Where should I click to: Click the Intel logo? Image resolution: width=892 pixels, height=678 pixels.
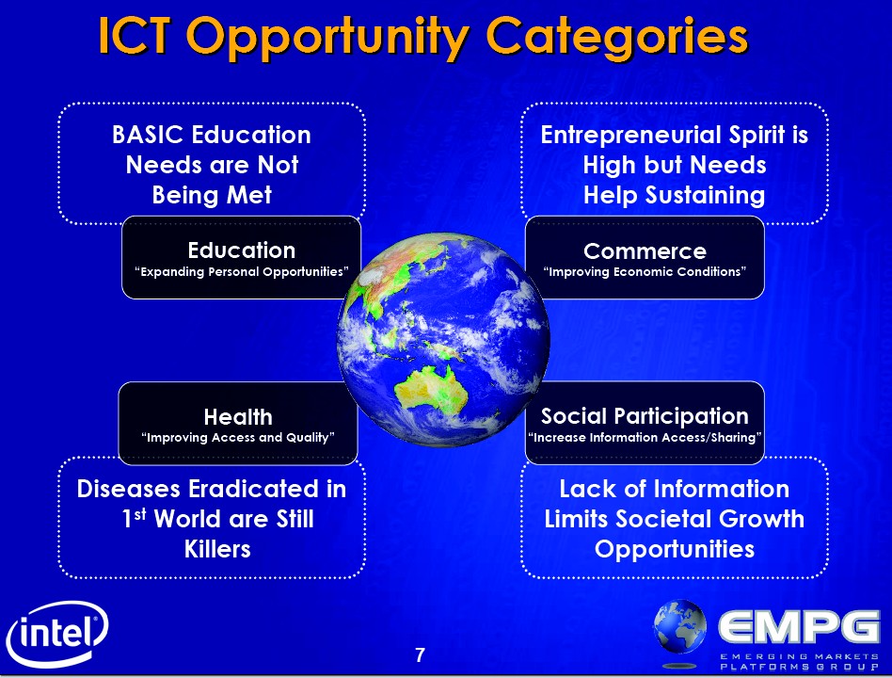click(x=56, y=634)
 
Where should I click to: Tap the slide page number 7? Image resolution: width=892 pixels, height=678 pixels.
click(x=420, y=655)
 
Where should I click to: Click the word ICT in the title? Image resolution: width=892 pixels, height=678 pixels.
click(x=135, y=36)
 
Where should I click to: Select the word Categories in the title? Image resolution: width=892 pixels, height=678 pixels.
click(x=616, y=39)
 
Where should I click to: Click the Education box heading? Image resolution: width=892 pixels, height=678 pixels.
click(x=242, y=250)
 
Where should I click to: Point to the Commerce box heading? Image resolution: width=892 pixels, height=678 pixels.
click(x=645, y=251)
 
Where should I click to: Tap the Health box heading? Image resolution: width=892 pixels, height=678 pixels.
click(x=238, y=417)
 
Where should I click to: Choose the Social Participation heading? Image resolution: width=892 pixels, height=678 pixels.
click(x=645, y=417)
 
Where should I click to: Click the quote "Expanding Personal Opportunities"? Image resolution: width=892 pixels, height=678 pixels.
click(x=241, y=272)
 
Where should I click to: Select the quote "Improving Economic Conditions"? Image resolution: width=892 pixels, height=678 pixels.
click(x=645, y=272)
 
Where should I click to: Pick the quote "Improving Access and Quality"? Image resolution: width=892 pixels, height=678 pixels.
click(x=238, y=438)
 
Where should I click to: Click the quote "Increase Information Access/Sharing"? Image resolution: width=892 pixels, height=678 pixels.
click(x=645, y=438)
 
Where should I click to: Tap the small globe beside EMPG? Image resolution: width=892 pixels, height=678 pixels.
click(x=679, y=626)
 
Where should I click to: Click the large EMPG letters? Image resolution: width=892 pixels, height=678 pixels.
click(x=799, y=627)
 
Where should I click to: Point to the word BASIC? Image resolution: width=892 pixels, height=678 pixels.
click(x=148, y=135)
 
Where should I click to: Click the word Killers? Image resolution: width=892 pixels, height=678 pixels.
click(x=217, y=549)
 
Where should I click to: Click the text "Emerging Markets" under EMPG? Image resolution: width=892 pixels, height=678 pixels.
click(x=799, y=656)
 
